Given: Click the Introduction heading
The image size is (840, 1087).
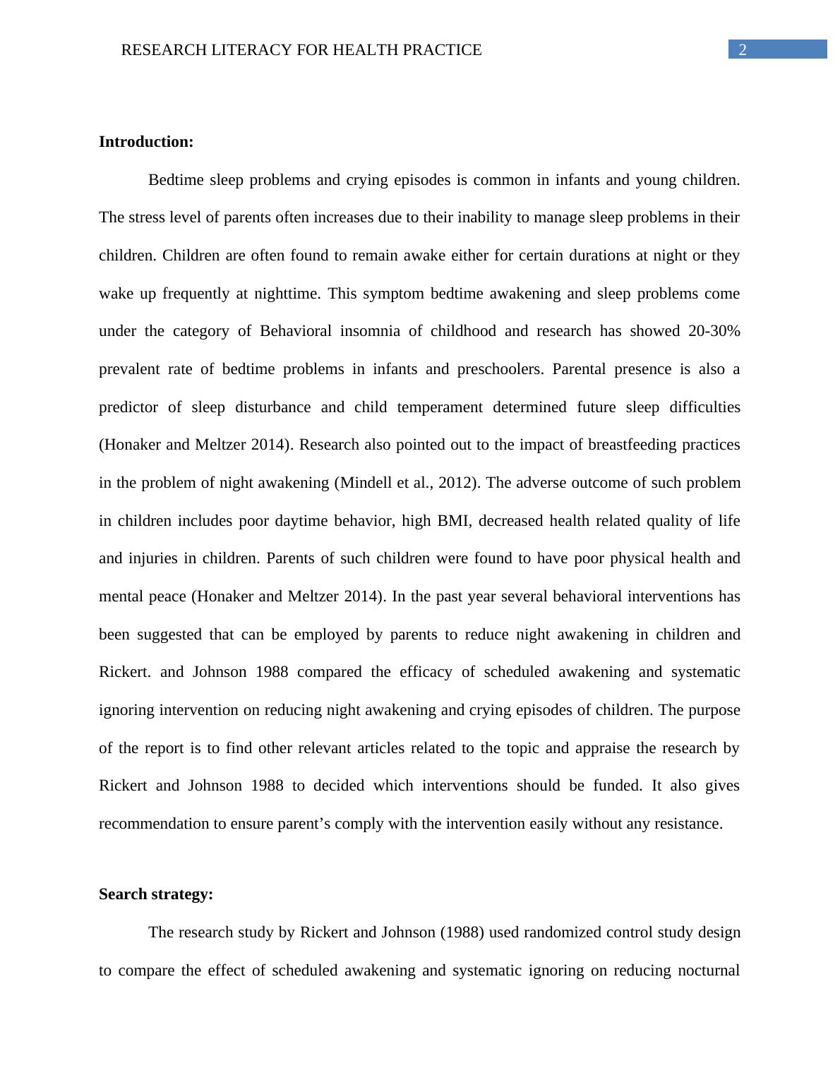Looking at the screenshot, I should click(146, 142).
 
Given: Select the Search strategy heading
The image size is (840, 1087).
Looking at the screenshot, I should click(156, 894).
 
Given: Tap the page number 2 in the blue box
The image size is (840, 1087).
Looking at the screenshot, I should click(743, 49).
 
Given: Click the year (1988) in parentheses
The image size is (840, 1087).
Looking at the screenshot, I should click(462, 932).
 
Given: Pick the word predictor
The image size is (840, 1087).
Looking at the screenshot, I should click(129, 407).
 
